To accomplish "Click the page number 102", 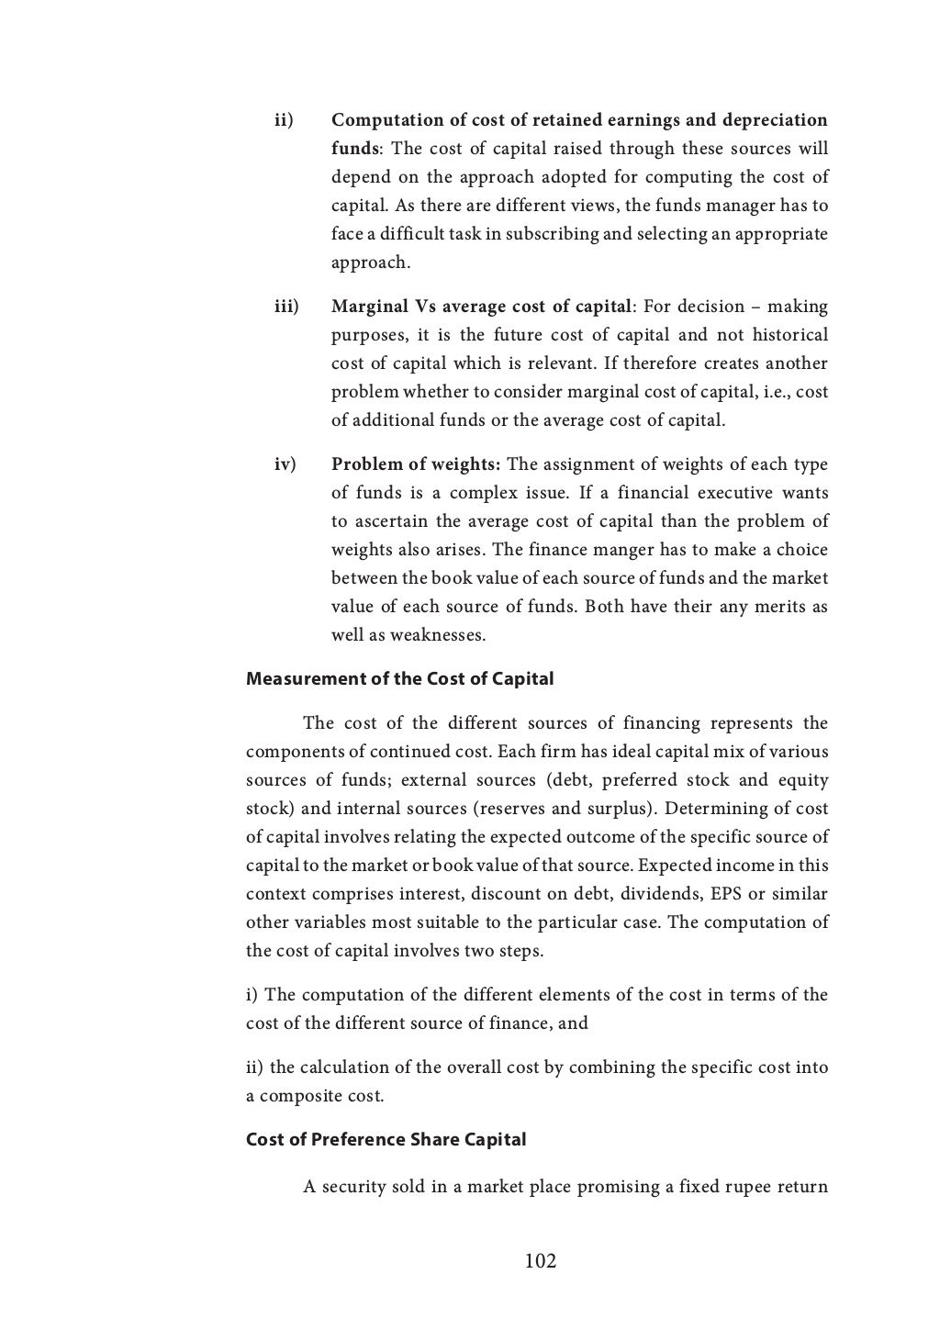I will pos(540,1261).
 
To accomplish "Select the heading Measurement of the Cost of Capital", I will pos(399,679).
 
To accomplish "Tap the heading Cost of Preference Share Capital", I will pos(386,1139).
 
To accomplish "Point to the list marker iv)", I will pos(285,464).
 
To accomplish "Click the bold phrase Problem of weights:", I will pos(416,464).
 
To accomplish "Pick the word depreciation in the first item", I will pos(775,120).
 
